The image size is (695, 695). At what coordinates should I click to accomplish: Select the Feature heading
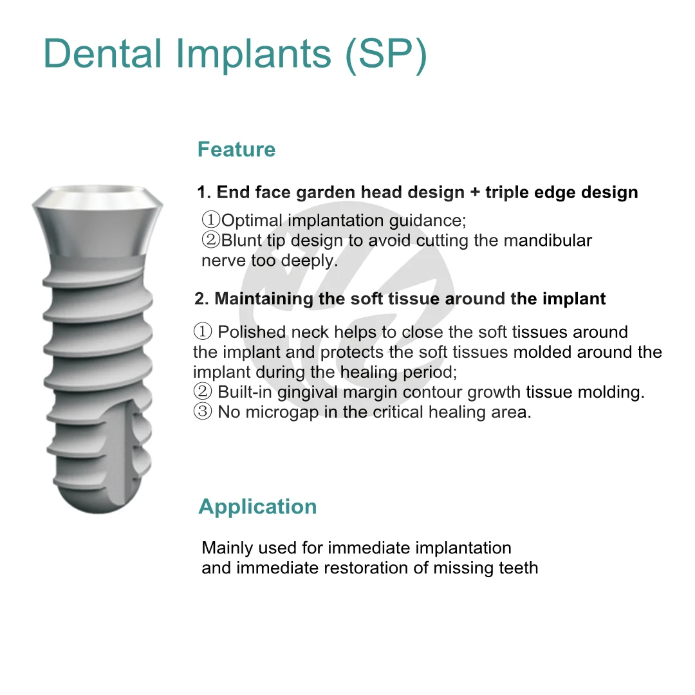point(236,149)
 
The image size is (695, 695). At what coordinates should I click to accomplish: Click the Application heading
point(257,506)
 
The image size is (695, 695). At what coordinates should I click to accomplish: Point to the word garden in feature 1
point(336,192)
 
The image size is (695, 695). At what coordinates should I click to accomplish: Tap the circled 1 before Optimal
point(211,220)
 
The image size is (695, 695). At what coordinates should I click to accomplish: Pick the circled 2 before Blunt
point(211,241)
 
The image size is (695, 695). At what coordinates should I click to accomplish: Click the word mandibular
point(548,241)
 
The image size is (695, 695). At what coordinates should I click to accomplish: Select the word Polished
point(252,332)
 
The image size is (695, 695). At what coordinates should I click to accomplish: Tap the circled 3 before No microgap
point(203,412)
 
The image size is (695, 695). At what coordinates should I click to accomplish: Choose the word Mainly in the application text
point(227,548)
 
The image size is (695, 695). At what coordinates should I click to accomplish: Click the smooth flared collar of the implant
point(97,225)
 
